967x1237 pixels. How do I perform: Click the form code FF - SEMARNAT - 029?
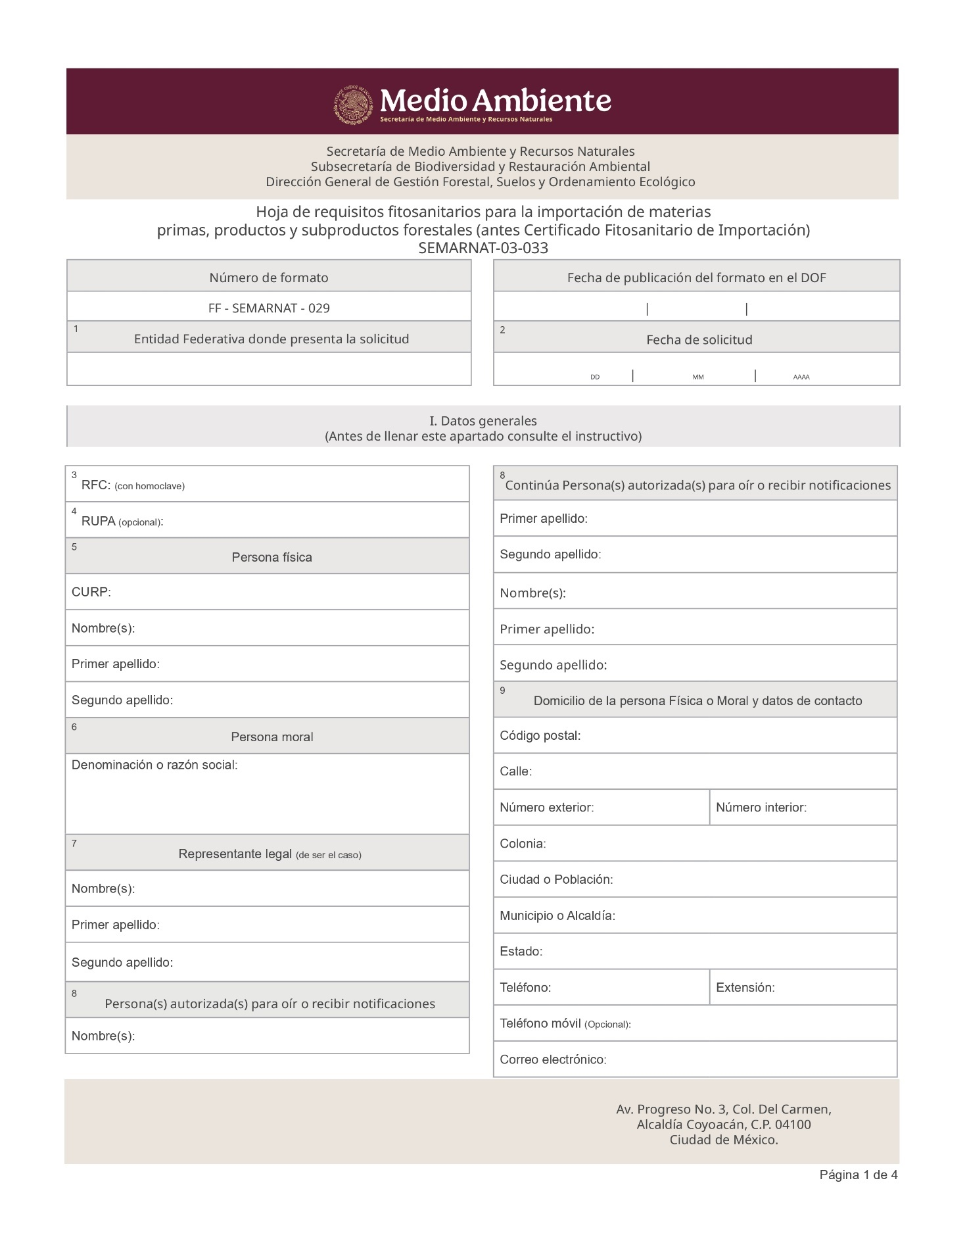pyautogui.click(x=269, y=308)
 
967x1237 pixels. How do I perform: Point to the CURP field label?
pyautogui.click(x=91, y=592)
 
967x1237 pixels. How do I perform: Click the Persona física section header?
pyautogui.click(x=271, y=557)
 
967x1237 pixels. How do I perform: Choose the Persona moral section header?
pyautogui.click(x=271, y=737)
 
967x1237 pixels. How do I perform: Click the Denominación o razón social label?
pyautogui.click(x=154, y=765)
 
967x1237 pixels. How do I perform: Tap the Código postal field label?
pyautogui.click(x=540, y=735)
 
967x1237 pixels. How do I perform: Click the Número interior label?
pyautogui.click(x=761, y=807)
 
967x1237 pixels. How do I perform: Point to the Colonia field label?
pyautogui.click(x=523, y=843)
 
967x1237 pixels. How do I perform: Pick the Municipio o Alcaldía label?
pyautogui.click(x=557, y=915)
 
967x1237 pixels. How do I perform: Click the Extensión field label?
pyautogui.click(x=745, y=987)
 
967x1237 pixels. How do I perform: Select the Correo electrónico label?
pyautogui.click(x=553, y=1059)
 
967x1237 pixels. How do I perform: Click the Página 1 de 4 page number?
pyautogui.click(x=858, y=1175)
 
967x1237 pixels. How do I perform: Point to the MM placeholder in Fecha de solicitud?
pyautogui.click(x=697, y=377)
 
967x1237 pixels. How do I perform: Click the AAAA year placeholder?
pyautogui.click(x=801, y=377)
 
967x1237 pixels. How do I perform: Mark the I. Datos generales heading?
pyautogui.click(x=483, y=421)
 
